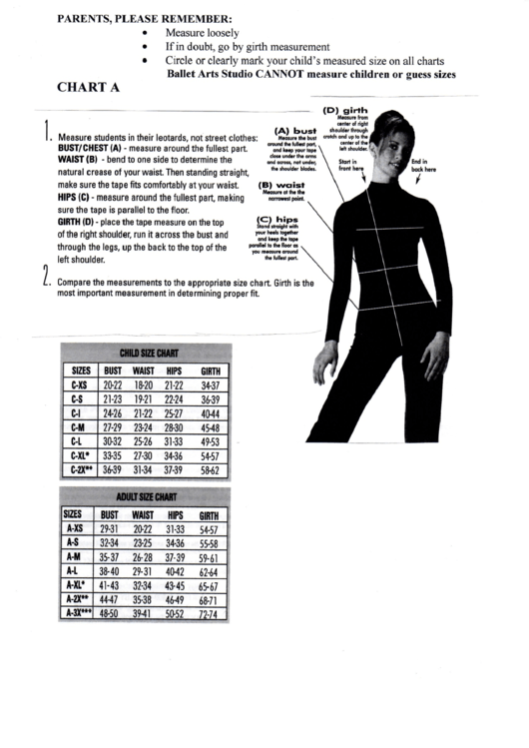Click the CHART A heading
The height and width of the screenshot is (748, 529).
click(88, 87)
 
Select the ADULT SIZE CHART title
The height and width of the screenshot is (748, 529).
click(146, 496)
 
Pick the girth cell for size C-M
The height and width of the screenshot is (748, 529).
click(210, 424)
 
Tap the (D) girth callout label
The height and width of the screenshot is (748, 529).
click(345, 110)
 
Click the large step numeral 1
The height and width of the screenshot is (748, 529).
click(47, 130)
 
